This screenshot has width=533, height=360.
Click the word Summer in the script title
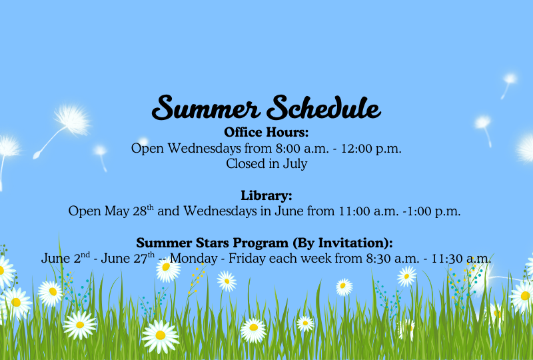click(x=206, y=107)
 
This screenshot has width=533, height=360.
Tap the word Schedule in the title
click(x=323, y=107)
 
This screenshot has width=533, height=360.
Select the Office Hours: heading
click(x=266, y=132)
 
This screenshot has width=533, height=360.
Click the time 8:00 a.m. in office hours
click(x=302, y=149)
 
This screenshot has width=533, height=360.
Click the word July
click(x=295, y=164)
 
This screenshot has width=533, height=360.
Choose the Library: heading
click(x=266, y=195)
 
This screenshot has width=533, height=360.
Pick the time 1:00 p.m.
click(x=434, y=211)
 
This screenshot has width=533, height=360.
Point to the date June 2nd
click(x=65, y=258)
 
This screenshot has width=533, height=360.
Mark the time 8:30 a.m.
click(x=392, y=259)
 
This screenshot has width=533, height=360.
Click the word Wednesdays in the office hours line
click(x=205, y=149)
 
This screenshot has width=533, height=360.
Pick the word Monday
click(x=193, y=258)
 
